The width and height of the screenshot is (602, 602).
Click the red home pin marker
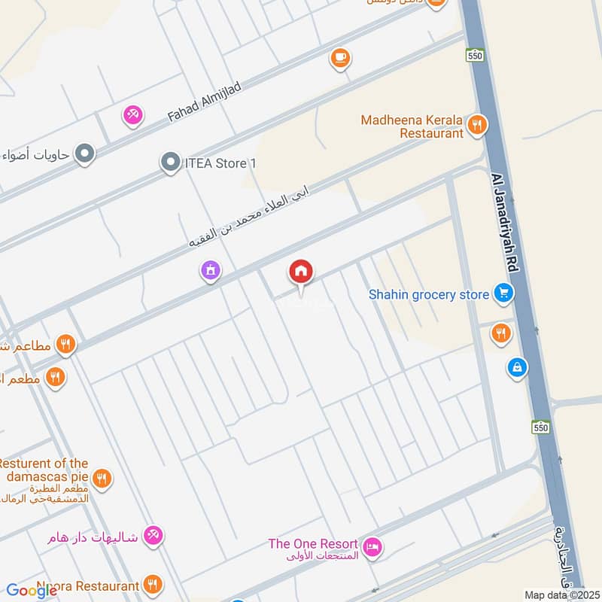point(301,272)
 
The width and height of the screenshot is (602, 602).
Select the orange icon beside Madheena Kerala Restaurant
point(476,126)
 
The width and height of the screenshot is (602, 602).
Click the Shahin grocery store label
point(428,294)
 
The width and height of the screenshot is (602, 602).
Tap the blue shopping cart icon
point(503,294)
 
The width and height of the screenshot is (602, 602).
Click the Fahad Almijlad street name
point(204,102)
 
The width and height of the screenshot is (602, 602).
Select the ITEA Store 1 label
point(220,162)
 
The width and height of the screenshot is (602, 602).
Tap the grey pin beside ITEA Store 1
point(171,161)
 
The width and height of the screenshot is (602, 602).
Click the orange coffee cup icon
point(340,57)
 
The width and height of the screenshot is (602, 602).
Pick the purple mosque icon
point(211,271)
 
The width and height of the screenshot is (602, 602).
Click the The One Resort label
point(313,543)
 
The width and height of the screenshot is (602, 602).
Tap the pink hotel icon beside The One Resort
point(371,548)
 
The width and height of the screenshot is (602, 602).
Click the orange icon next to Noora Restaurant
point(153,584)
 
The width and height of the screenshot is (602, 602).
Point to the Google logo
point(32,591)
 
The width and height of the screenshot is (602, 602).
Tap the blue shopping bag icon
point(517,368)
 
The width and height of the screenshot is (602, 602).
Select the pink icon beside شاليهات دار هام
point(154,535)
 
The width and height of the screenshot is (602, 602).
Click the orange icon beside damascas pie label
point(102,478)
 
